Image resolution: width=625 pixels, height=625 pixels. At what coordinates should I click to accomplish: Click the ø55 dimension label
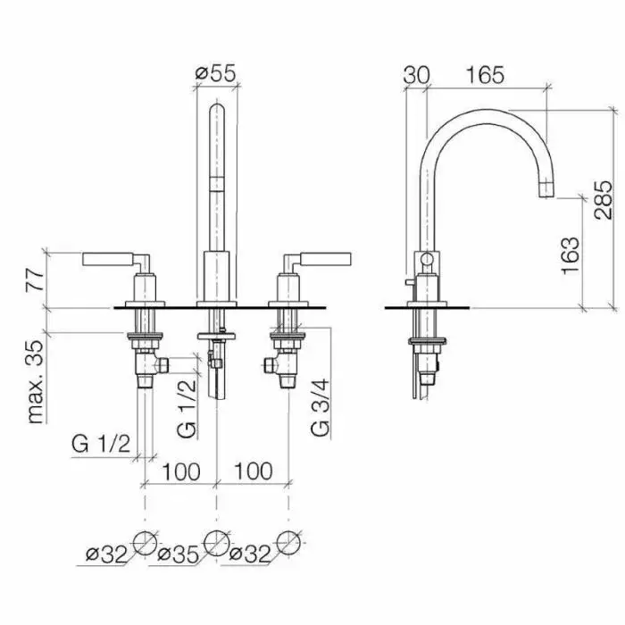(216, 73)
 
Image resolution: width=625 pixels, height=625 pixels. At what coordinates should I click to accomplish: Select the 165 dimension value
(485, 75)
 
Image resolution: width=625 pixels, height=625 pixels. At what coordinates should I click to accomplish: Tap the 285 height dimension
(603, 200)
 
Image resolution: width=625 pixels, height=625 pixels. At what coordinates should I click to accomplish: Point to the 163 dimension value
(571, 255)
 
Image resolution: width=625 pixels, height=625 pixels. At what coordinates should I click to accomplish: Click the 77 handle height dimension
(34, 280)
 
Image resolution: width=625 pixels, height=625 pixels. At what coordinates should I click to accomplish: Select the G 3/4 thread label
(320, 407)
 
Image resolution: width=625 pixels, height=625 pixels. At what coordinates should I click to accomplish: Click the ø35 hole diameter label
(178, 554)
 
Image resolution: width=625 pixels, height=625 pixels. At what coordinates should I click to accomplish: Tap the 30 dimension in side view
(416, 75)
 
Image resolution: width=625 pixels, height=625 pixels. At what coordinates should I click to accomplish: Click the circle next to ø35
(216, 543)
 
